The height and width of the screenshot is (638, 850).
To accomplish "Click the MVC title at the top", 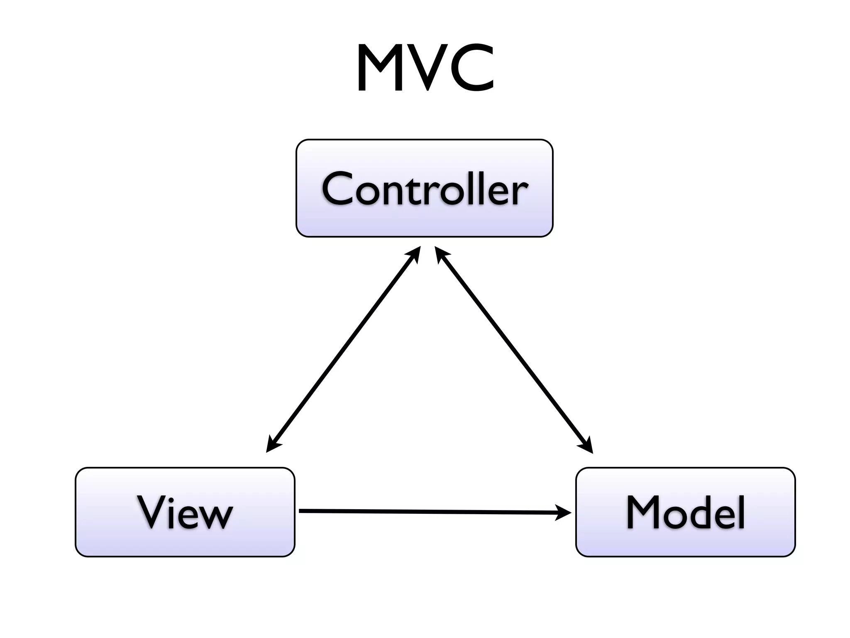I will (x=425, y=69).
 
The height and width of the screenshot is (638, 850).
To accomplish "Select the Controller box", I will (x=424, y=188).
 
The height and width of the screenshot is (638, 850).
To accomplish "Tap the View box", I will (x=185, y=512).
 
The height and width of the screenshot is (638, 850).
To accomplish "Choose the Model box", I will (x=685, y=512).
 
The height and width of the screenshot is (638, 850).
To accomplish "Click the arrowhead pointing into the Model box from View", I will (x=564, y=512).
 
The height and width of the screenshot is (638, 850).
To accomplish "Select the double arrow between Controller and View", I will (x=343, y=349).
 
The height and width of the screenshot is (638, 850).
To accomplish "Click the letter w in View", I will (x=214, y=517).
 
